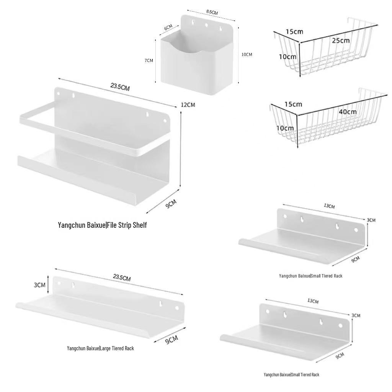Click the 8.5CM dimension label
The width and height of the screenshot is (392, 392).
pyautogui.click(x=212, y=12)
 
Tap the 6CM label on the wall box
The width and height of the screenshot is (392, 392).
pyautogui.click(x=168, y=27)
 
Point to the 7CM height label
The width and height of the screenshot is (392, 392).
pyautogui.click(x=149, y=60)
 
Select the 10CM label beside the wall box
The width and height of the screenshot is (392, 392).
pyautogui.click(x=247, y=54)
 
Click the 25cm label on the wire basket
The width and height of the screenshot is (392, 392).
pyautogui.click(x=341, y=40)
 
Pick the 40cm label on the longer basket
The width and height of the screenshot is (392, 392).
pyautogui.click(x=348, y=111)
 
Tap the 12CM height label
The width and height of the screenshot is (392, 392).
pyautogui.click(x=188, y=105)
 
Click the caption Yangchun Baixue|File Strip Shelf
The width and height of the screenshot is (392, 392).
pyautogui.click(x=102, y=225)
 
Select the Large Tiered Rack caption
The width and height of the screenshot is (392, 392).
pyautogui.click(x=100, y=348)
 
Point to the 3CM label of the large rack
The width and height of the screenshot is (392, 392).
pyautogui.click(x=39, y=285)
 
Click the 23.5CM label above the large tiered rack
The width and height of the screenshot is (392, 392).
pyautogui.click(x=122, y=278)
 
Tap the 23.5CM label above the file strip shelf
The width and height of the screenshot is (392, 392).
pyautogui.click(x=120, y=87)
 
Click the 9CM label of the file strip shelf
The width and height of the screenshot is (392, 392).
pyautogui.click(x=171, y=204)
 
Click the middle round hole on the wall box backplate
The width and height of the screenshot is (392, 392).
pyautogui.click(x=207, y=25)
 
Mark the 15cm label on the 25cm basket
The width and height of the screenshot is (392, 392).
pyautogui.click(x=294, y=31)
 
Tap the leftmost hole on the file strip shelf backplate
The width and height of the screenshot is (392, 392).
pyautogui.click(x=59, y=94)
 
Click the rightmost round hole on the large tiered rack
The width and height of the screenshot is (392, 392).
pyautogui.click(x=177, y=308)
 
